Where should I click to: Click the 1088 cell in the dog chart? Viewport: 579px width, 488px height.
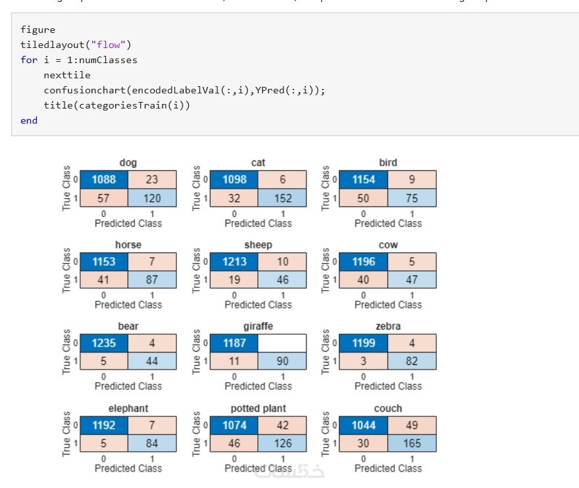coord(104,180)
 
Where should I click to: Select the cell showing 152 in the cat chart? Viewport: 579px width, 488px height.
coord(282,198)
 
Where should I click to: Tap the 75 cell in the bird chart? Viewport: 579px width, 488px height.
coord(412,198)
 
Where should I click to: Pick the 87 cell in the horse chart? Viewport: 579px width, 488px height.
coord(152,280)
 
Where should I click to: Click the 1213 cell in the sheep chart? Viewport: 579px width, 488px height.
coord(234,261)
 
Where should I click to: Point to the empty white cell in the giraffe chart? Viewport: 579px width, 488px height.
coord(282,343)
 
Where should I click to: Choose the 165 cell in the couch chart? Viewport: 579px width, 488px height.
coord(412,443)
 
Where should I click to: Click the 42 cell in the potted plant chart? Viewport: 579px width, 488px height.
coord(282,425)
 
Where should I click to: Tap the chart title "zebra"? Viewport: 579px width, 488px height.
coord(388,326)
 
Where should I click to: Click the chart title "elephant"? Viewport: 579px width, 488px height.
coord(128,408)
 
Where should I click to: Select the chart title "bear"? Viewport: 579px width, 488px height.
coord(128,326)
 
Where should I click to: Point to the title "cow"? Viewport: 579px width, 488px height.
coord(388,245)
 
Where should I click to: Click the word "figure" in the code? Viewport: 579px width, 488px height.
coord(38,30)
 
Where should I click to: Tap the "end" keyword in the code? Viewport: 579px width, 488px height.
coord(29,120)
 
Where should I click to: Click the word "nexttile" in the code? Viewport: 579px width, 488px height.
coord(67,75)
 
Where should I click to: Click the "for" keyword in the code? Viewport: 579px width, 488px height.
coord(29,60)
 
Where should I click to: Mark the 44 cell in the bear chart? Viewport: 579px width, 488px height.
coord(152,361)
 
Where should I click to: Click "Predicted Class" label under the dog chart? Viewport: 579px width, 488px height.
coord(128,223)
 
